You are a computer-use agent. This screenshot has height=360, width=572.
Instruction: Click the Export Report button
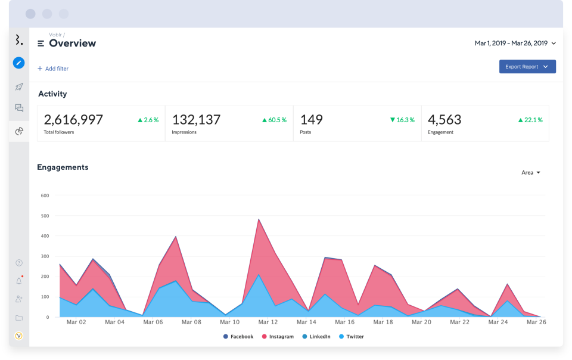pos(527,67)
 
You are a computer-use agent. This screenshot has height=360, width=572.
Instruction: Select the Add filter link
pos(53,69)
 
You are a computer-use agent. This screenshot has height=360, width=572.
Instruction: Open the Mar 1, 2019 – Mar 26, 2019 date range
pos(515,44)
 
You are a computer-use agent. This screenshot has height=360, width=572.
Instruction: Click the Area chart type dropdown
pos(530,173)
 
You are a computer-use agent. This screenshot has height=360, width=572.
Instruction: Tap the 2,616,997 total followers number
pos(73,120)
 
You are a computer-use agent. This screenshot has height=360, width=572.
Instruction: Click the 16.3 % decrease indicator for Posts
pos(402,120)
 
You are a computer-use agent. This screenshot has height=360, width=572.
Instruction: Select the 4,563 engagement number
pos(444,120)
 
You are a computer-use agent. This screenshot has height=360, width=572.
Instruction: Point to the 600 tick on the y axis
pos(45,195)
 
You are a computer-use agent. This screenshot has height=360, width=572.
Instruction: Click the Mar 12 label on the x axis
pos(268,322)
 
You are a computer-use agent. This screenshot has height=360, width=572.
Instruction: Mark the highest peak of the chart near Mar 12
pos(259,219)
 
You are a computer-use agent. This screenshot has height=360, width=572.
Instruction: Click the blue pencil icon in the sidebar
pos(19,63)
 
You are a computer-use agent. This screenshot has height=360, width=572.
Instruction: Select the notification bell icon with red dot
pos(19,281)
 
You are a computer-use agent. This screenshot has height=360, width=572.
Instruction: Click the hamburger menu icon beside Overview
pos(41,44)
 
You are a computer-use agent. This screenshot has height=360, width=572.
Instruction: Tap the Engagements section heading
pos(63,167)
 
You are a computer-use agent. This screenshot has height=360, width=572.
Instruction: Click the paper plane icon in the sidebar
pos(19,87)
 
